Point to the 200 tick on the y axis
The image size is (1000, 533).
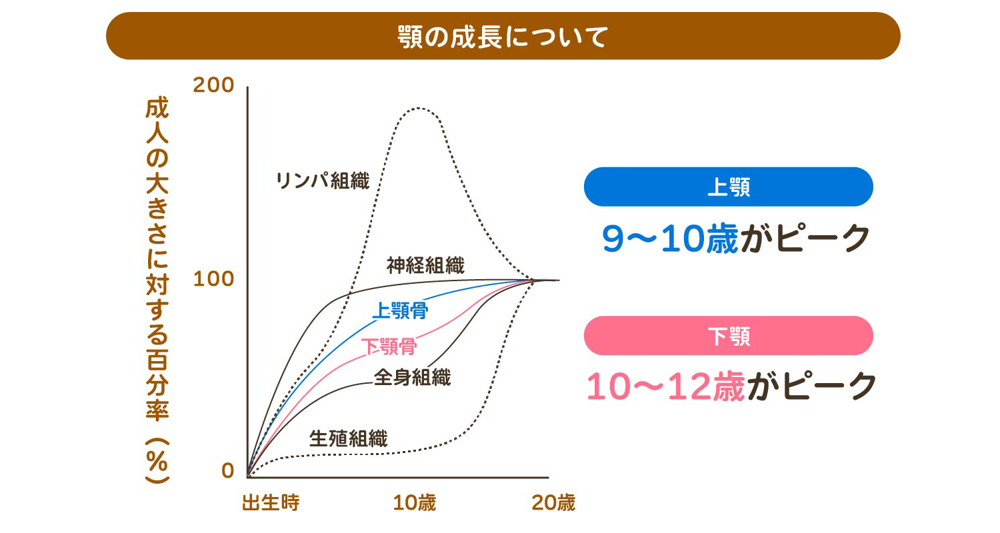point(213,85)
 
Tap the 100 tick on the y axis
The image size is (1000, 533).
point(213,278)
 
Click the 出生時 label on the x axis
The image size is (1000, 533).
point(271,502)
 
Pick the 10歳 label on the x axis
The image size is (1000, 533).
point(414,502)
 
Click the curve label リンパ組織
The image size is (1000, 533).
point(322,181)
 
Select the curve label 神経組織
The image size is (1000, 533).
point(425,265)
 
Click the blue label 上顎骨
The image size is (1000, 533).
point(399,310)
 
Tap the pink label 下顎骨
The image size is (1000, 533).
point(389,346)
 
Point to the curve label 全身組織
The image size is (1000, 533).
point(412,378)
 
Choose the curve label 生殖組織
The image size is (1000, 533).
point(348,438)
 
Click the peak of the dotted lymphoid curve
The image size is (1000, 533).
point(418,107)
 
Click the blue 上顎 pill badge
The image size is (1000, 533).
point(728,187)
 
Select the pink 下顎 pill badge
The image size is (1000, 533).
point(728,336)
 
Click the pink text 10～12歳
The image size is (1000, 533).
point(665,386)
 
